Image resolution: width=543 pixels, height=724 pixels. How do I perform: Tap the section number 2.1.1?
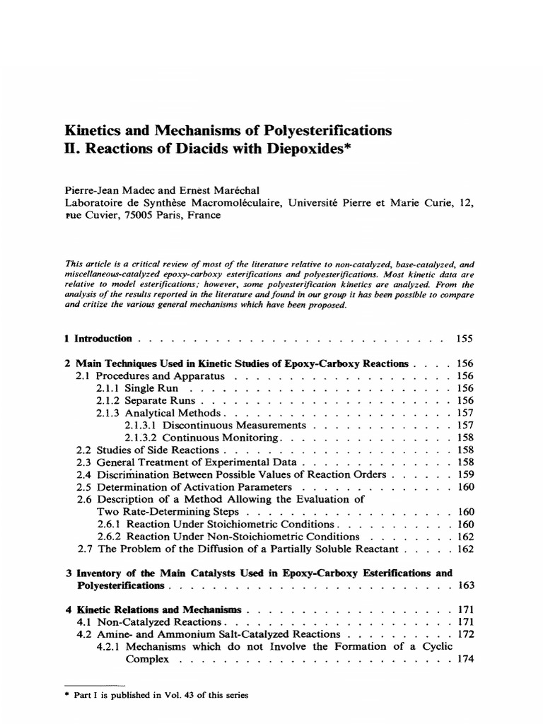pyautogui.click(x=108, y=388)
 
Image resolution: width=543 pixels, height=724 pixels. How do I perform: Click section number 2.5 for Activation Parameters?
pyautogui.click(x=83, y=487)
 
